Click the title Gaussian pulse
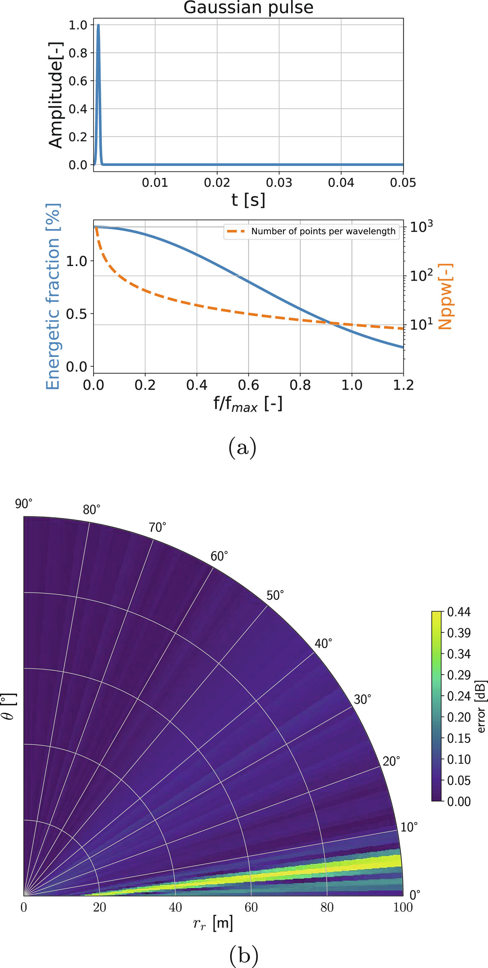point(248,8)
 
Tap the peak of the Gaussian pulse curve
point(98,25)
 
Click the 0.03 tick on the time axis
point(279,183)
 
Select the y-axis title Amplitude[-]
point(56,95)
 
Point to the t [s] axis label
point(248,200)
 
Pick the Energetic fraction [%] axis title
point(53,296)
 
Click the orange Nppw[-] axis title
point(445,296)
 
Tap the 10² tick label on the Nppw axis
point(421,275)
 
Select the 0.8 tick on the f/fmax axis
point(300,385)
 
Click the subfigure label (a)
point(243,448)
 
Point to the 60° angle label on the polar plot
point(219,556)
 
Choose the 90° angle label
point(24,504)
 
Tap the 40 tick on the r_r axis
point(175,907)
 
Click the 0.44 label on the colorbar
point(459,612)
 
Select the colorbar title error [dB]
point(481,706)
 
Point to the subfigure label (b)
point(244,954)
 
